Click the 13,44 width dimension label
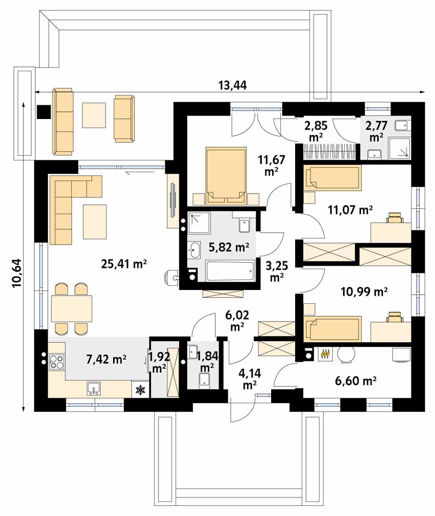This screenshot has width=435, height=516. pyautogui.click(x=233, y=85)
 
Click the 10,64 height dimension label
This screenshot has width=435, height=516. pyautogui.click(x=17, y=273)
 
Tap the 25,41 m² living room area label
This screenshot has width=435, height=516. pyautogui.click(x=124, y=264)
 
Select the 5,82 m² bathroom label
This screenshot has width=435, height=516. pyautogui.click(x=229, y=247)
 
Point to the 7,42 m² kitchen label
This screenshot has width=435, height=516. pyautogui.click(x=106, y=359)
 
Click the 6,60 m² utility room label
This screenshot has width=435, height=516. pyautogui.click(x=356, y=381)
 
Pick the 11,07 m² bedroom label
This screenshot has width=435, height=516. pyautogui.click(x=350, y=210)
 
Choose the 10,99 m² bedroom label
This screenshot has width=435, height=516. pyautogui.click(x=364, y=291)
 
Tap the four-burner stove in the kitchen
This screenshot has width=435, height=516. pyautogui.click(x=56, y=361)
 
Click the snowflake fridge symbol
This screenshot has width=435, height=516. pyautogui.click(x=140, y=390)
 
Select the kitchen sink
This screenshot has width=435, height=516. pyautogui.click(x=94, y=388)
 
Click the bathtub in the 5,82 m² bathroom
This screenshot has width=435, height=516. pyautogui.click(x=230, y=271)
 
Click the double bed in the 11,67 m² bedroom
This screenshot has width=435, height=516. pyautogui.click(x=226, y=176)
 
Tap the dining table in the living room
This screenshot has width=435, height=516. pyautogui.click(x=71, y=308)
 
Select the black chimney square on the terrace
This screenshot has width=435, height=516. pyautogui.click(x=43, y=112)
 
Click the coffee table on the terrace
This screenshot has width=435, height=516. pyautogui.click(x=94, y=115)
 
